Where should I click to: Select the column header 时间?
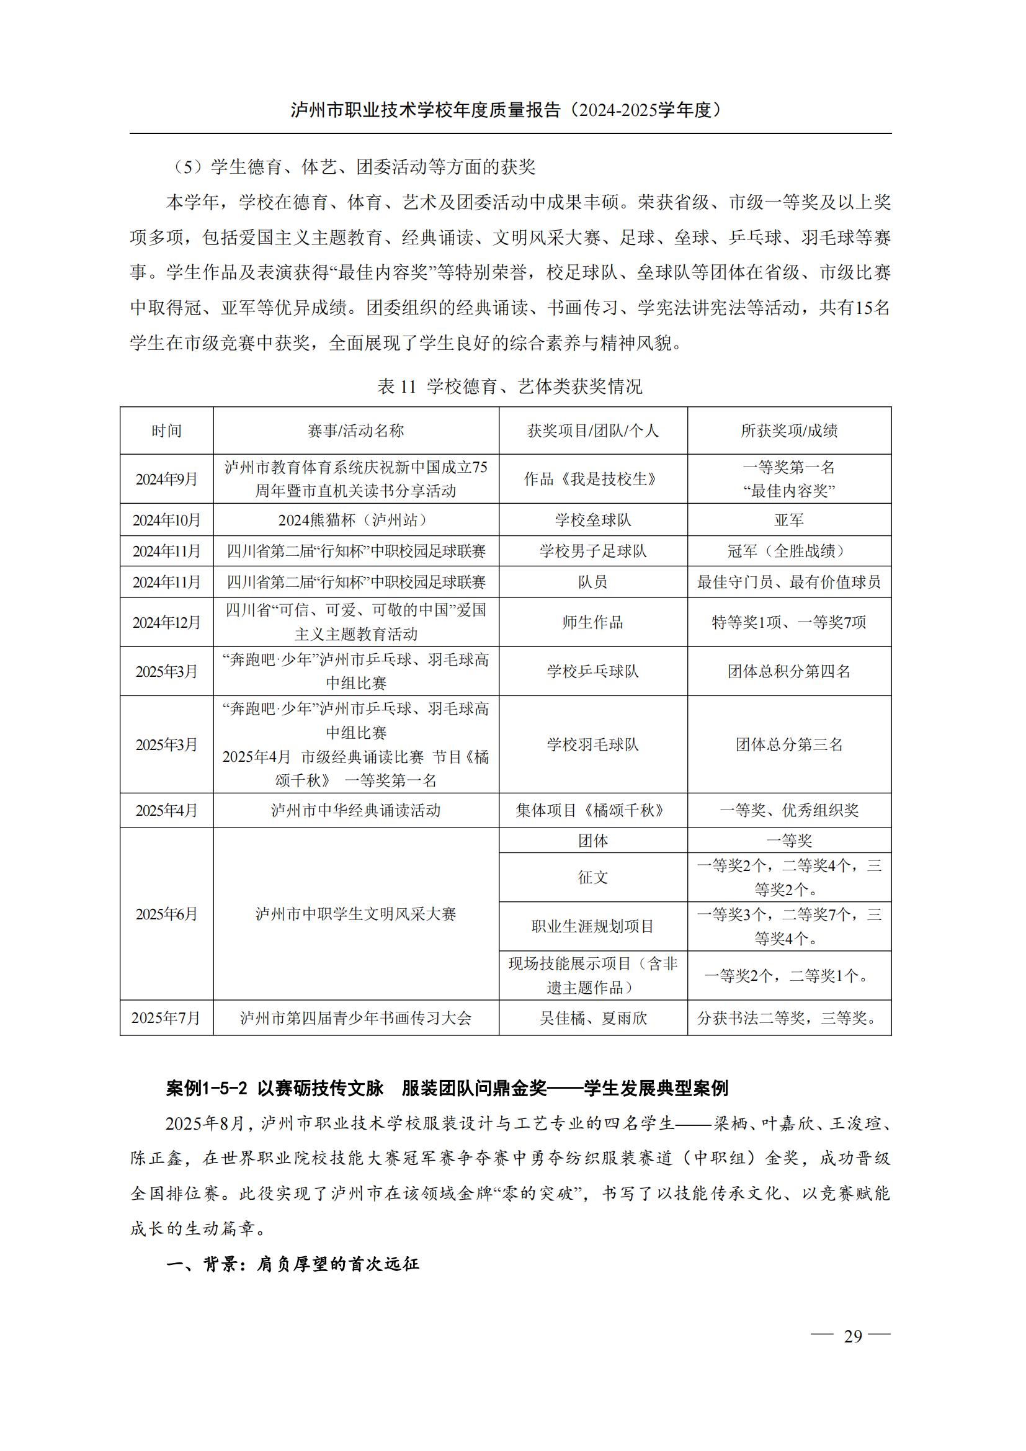point(167,431)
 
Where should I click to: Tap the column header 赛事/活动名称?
point(355,431)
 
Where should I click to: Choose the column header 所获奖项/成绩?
point(789,431)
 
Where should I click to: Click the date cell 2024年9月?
point(167,479)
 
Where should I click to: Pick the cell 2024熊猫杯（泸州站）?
point(355,520)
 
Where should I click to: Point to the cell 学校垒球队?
point(592,520)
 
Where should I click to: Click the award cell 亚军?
point(789,520)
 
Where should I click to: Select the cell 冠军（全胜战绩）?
point(789,551)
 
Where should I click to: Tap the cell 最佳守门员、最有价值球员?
point(789,582)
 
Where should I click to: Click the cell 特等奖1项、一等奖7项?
point(789,622)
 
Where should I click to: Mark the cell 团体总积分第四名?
point(789,671)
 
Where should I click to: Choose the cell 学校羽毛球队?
point(592,744)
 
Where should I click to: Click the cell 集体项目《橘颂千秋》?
point(592,811)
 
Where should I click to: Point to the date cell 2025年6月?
point(167,914)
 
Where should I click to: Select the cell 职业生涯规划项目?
point(592,926)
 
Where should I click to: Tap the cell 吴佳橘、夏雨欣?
point(592,1018)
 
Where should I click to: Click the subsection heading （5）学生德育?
point(354,167)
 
